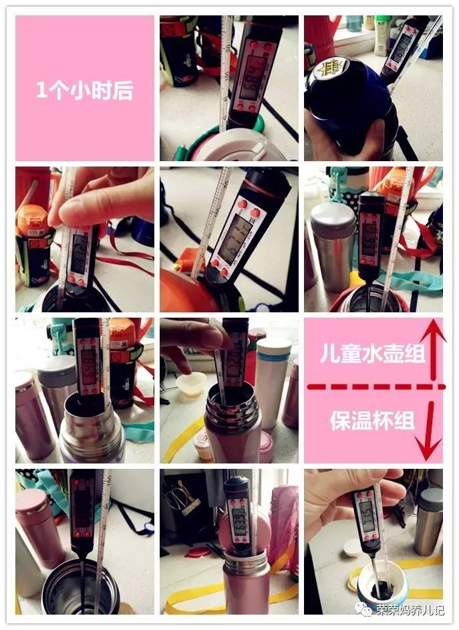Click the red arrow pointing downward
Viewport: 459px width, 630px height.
click(431, 428)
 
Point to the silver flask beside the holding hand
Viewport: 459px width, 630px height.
click(428, 522)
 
